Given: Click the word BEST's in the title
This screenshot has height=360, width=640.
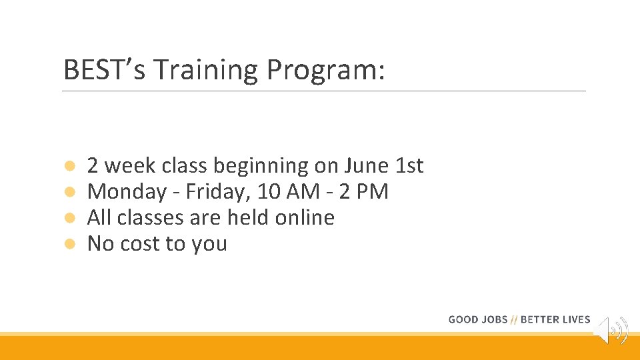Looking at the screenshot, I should pos(99,70).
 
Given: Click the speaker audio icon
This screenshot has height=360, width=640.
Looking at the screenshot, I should pos(611,329).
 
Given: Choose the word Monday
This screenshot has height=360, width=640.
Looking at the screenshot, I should pos(127,192).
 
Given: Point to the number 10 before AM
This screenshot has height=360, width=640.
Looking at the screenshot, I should pos(269,192).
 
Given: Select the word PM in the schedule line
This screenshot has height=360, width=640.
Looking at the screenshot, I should pos(373,192).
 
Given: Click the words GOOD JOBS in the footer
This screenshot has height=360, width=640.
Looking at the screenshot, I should pos(477,319).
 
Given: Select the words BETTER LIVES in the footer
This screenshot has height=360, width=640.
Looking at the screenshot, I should pos(555,319).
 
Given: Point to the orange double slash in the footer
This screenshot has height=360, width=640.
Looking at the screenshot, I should pos(514,319).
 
